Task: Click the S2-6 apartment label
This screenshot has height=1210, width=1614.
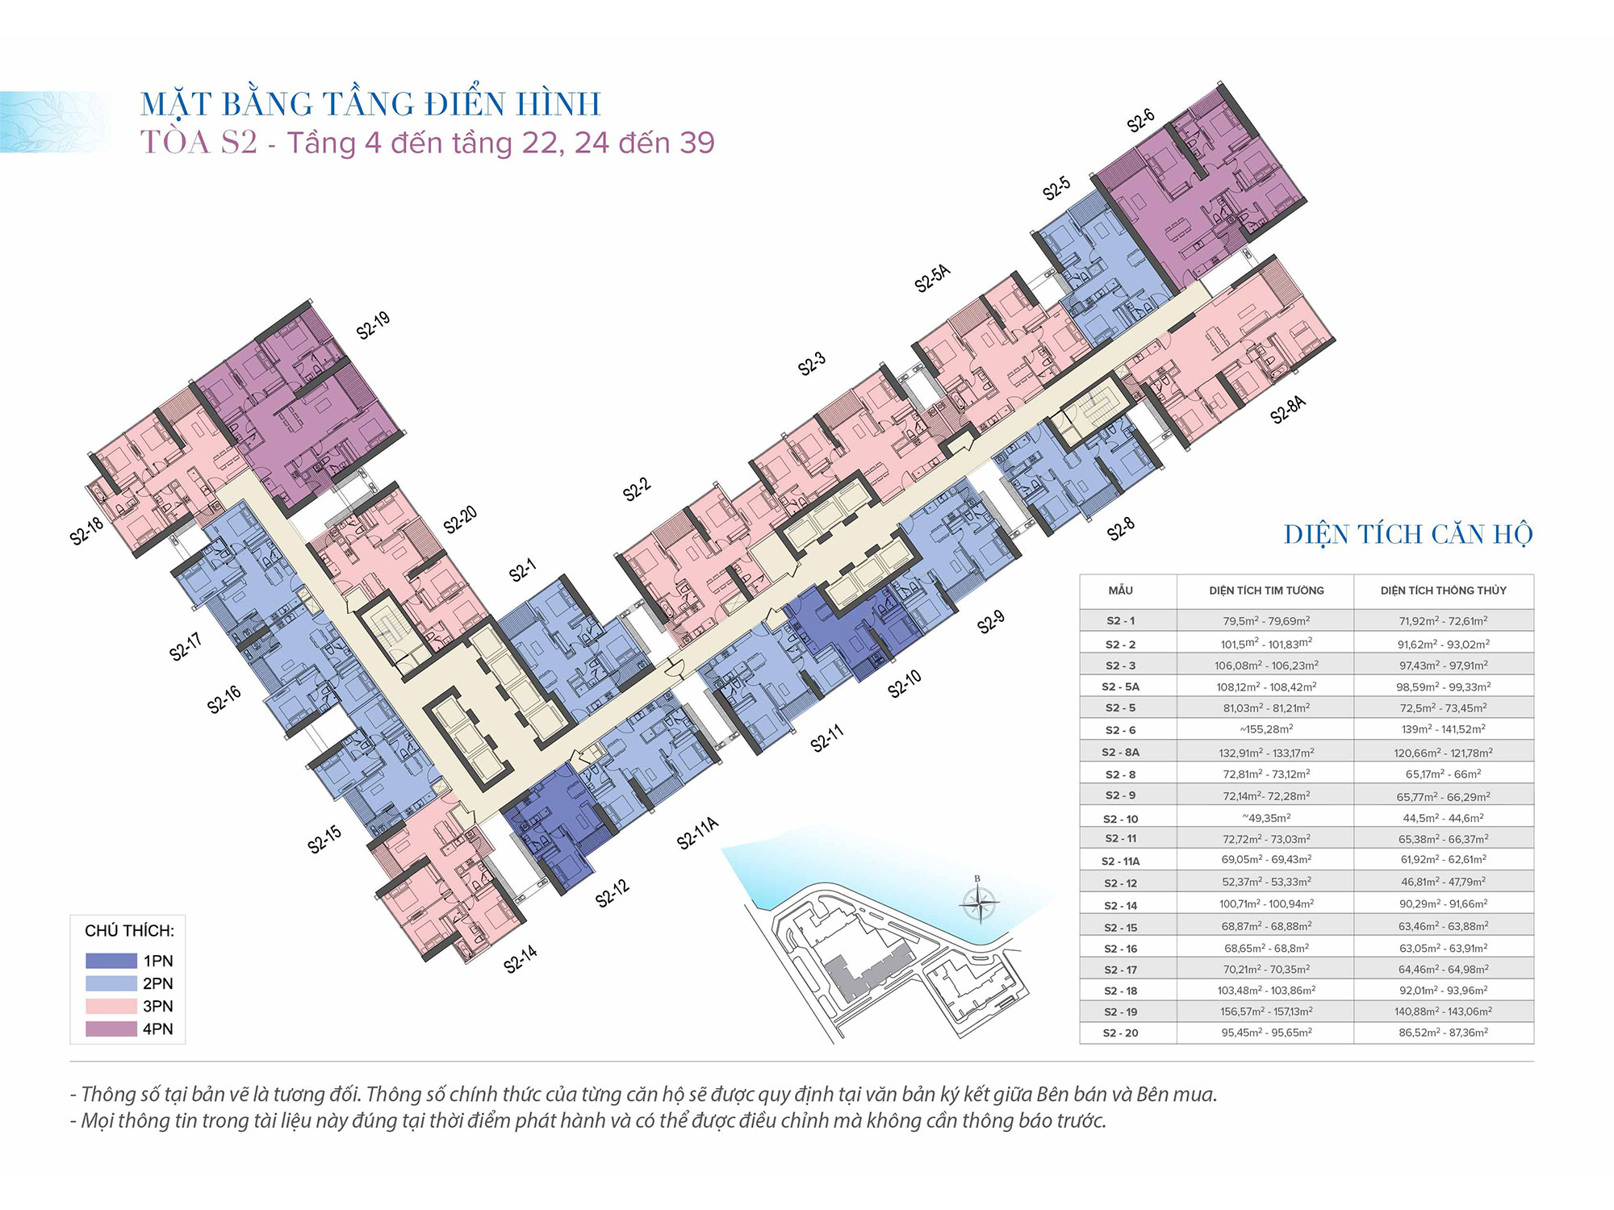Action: [x=1141, y=121]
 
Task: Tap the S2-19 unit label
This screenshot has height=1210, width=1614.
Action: [x=373, y=325]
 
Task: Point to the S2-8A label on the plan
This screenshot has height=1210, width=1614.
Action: [x=1288, y=410]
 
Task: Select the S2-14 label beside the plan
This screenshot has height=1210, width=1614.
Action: [x=521, y=959]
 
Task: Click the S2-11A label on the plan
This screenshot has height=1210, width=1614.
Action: [x=698, y=833]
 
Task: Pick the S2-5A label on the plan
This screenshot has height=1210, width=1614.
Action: [x=933, y=277]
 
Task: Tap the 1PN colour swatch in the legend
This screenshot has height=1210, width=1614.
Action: [x=111, y=961]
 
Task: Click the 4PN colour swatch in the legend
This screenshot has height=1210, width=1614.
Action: [x=111, y=1028]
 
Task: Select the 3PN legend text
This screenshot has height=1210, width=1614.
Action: [x=158, y=1006]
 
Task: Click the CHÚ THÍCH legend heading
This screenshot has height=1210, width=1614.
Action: [x=129, y=931]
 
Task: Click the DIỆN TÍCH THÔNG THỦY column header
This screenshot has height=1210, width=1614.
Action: [x=1443, y=590]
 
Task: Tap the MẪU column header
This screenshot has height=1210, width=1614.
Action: [x=1120, y=590]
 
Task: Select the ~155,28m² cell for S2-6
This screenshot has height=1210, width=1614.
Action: [x=1266, y=729]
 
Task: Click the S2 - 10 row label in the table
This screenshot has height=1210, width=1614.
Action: [x=1120, y=819]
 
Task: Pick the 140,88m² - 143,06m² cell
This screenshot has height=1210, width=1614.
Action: [x=1443, y=1012]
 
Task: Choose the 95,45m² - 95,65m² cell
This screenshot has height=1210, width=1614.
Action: [x=1266, y=1033]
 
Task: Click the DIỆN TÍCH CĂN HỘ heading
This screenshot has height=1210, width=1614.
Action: [x=1408, y=534]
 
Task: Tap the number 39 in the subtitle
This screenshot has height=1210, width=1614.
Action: [x=697, y=143]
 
